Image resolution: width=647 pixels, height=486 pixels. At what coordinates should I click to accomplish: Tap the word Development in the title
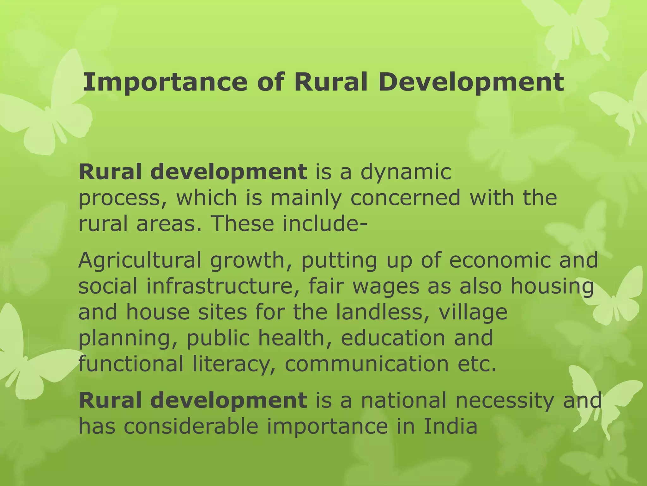tap(471, 82)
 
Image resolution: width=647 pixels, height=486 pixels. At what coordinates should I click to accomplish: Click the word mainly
tap(306, 198)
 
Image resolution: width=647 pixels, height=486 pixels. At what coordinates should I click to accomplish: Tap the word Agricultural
tap(140, 261)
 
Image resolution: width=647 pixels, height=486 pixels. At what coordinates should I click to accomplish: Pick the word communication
tap(366, 364)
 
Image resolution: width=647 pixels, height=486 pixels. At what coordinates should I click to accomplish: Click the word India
tap(450, 426)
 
